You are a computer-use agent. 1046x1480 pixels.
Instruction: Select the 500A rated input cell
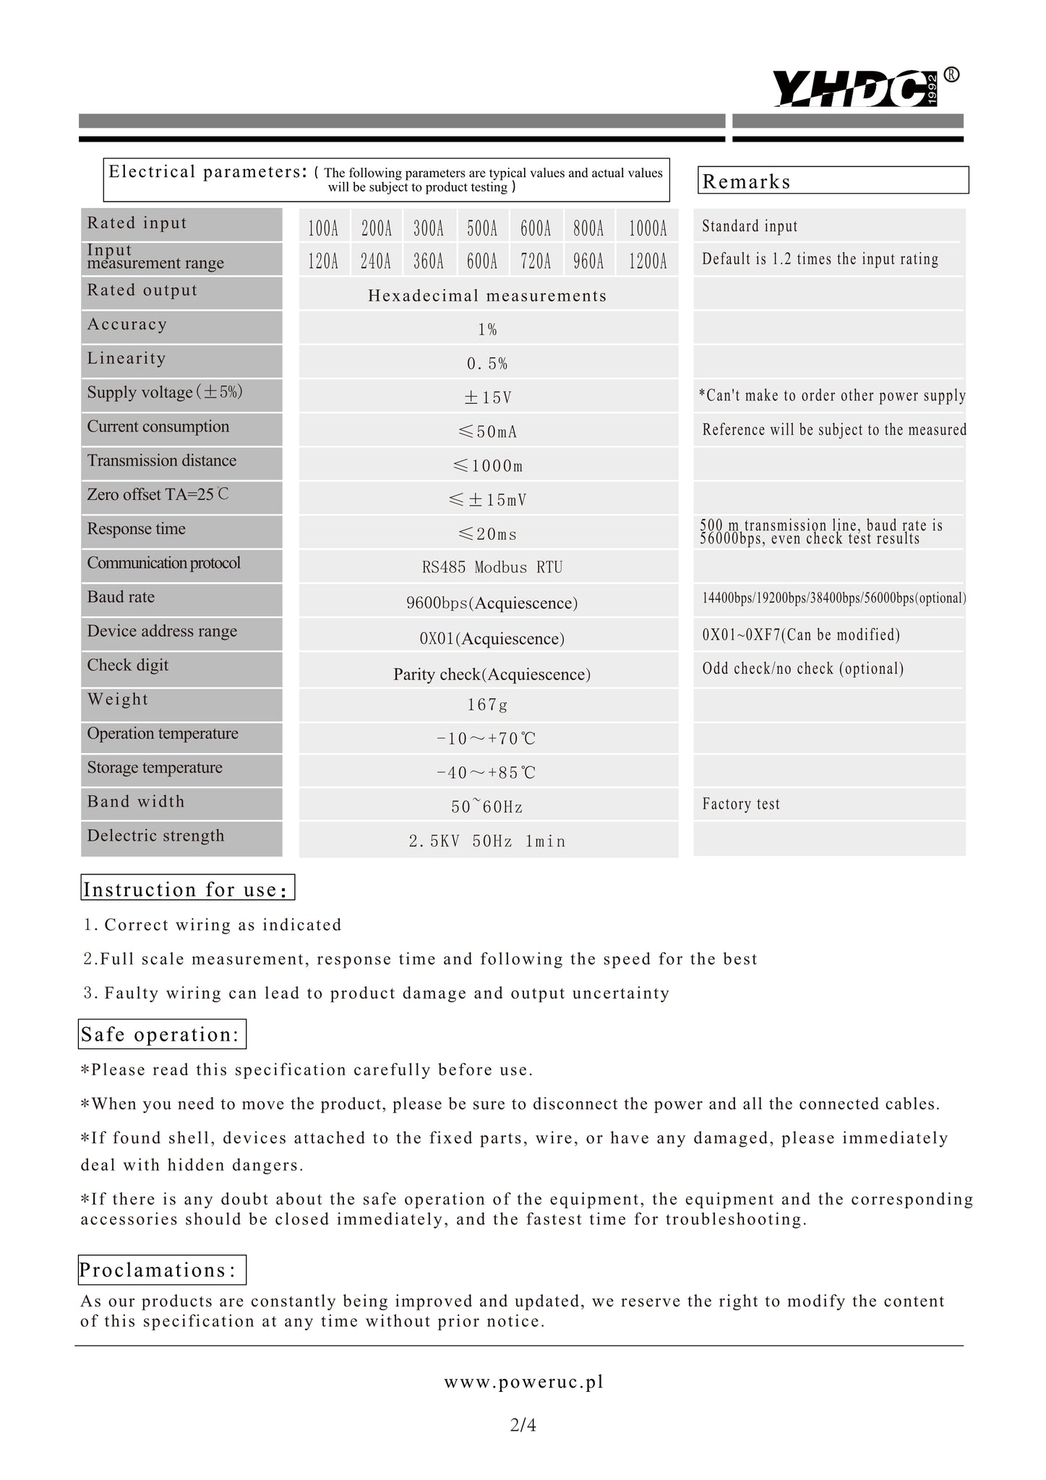(482, 229)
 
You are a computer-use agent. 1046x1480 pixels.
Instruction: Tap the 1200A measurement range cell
(647, 262)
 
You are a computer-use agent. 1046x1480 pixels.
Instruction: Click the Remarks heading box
(832, 181)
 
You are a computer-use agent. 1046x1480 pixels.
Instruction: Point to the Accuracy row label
(127, 324)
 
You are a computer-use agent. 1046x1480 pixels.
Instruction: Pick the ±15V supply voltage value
(488, 398)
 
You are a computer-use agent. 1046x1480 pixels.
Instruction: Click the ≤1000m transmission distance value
(488, 466)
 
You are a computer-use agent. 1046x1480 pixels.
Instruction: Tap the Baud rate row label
(121, 598)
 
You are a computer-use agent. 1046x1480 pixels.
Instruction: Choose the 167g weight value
(488, 705)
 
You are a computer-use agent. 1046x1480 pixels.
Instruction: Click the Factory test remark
(741, 804)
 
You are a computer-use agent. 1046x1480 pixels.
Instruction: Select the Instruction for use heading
(187, 889)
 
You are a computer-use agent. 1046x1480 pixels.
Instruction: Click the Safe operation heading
(161, 1034)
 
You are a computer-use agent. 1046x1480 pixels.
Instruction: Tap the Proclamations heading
(161, 1270)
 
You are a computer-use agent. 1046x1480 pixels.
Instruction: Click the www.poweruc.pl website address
(523, 1382)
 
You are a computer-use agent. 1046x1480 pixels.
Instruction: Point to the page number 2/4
(523, 1425)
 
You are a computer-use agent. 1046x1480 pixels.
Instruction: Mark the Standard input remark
(750, 226)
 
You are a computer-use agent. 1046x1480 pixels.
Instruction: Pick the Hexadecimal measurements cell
(488, 296)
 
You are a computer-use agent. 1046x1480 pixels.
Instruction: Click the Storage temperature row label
(155, 768)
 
